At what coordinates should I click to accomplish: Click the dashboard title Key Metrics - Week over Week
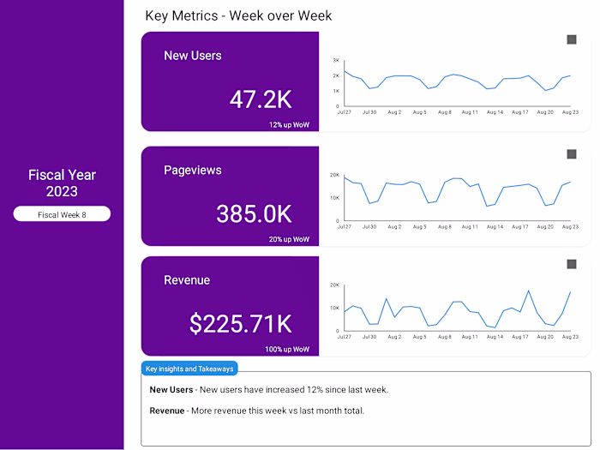(238, 15)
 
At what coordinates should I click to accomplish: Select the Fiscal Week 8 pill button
(62, 214)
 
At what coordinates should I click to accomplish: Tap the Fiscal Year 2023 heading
(62, 183)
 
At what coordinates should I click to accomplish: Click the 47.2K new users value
(261, 99)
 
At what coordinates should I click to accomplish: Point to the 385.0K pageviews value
(254, 213)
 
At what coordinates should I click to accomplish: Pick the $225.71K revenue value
(240, 324)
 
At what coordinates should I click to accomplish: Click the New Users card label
(193, 56)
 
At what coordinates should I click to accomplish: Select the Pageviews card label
(193, 170)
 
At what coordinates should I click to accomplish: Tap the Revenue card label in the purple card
(187, 280)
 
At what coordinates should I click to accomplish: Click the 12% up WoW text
(289, 125)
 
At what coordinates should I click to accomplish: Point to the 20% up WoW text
(289, 239)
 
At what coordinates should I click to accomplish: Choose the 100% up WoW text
(287, 350)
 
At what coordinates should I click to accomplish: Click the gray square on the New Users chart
(572, 39)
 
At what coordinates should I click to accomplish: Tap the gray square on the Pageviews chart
(572, 154)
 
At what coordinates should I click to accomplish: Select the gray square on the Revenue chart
(572, 265)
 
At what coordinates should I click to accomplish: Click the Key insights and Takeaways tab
(189, 369)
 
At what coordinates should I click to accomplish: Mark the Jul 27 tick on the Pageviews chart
(345, 227)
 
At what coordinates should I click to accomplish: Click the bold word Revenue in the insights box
(168, 411)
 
